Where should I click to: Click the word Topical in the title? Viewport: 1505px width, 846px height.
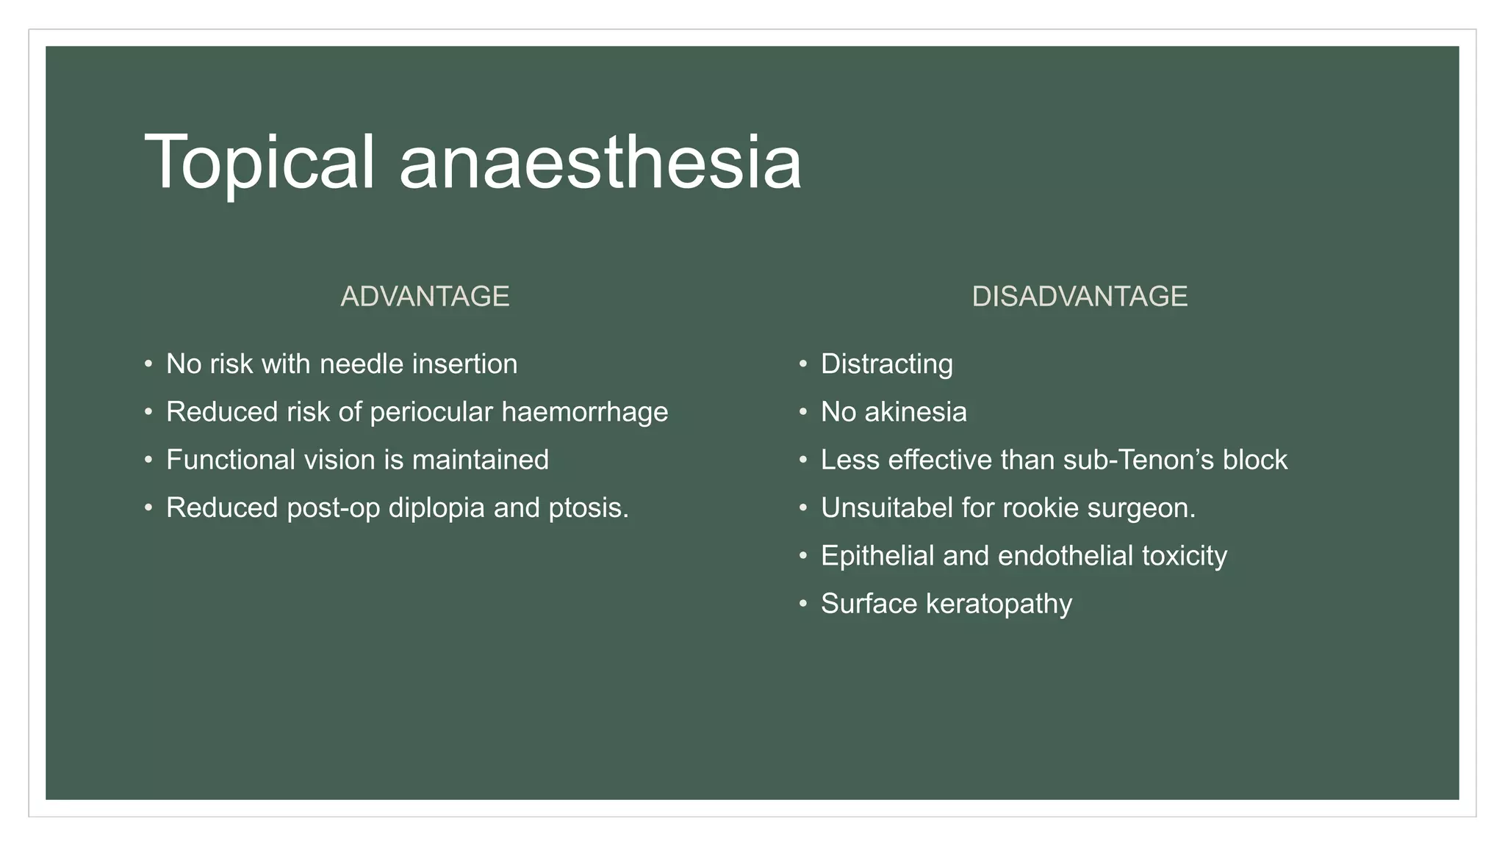259,163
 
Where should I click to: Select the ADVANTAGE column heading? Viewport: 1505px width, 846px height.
425,297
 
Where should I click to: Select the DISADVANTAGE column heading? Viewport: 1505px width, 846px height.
1079,297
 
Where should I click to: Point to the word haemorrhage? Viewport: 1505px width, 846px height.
584,412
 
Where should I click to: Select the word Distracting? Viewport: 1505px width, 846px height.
886,364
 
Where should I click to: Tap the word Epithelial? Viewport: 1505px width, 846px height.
877,556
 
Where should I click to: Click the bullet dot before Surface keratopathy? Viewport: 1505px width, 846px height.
803,604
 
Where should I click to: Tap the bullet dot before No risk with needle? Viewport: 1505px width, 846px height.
148,364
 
